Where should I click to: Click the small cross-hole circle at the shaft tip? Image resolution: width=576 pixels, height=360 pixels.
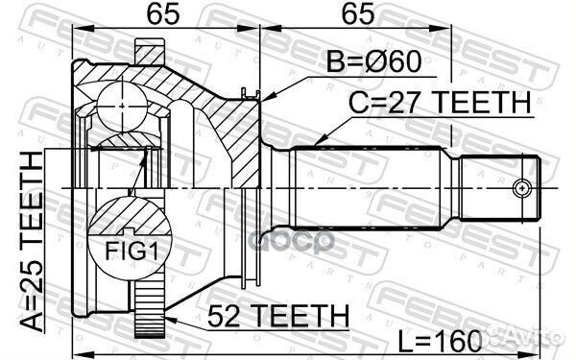tap(523, 187)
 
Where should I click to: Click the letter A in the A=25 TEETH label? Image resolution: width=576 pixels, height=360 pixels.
tap(32, 322)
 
